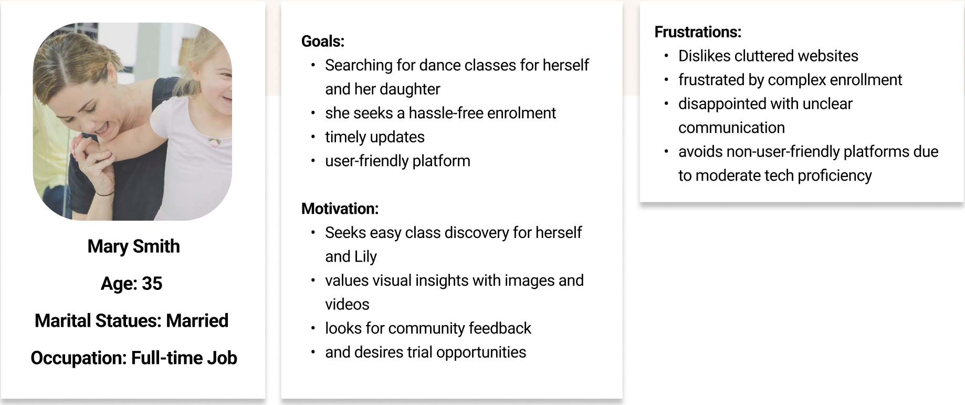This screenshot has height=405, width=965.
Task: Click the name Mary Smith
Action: [133, 246]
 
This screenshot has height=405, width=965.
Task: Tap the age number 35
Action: [152, 284]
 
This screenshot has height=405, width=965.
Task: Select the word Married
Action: [197, 320]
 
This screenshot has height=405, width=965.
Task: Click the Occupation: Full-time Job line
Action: [133, 358]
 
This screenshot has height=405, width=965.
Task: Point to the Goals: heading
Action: [322, 41]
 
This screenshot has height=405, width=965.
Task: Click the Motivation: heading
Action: [340, 209]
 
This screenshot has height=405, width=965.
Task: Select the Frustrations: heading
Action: [697, 32]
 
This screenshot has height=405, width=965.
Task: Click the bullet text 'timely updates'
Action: [374, 137]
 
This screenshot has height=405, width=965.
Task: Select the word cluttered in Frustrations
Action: [762, 56]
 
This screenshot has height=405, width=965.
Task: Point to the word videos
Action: [347, 304]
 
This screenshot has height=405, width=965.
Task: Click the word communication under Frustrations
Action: [731, 128]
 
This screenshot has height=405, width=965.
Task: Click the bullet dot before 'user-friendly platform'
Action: [313, 161]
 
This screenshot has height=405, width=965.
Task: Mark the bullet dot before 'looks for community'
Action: [313, 328]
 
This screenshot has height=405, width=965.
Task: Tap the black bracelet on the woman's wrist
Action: [106, 194]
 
